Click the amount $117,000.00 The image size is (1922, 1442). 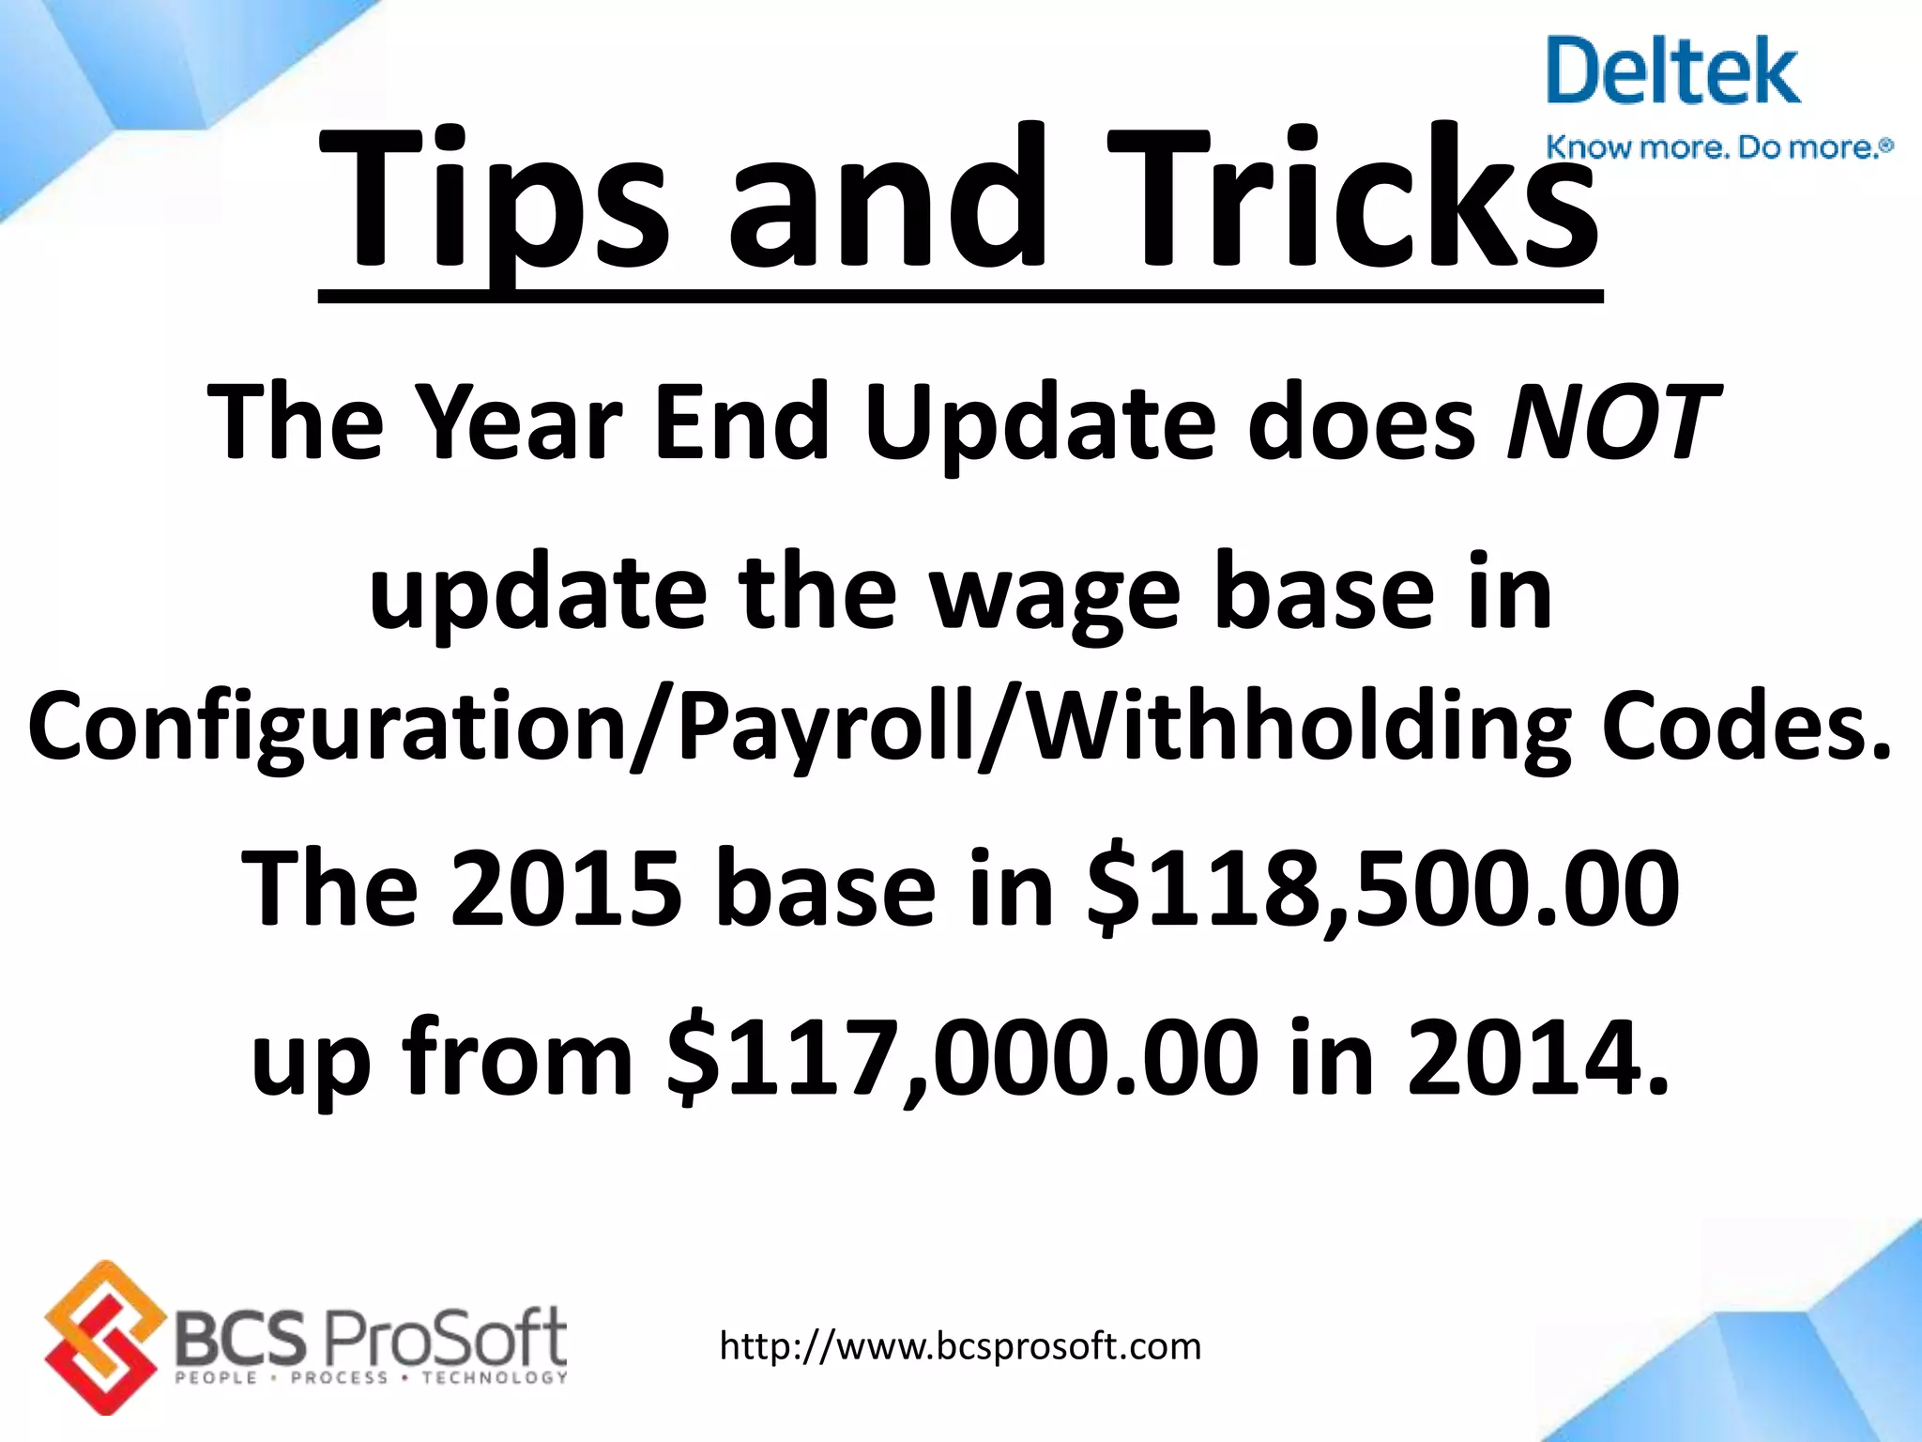[962, 1058]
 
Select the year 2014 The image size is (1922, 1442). [1539, 1058]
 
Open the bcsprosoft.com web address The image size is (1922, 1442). [960, 1346]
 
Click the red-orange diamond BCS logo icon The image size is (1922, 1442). [101, 1337]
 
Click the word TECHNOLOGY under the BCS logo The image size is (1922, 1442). [495, 1377]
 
